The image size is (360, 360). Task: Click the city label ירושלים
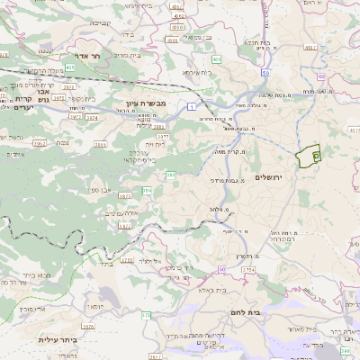tap(269, 177)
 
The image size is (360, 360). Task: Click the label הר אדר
tap(95, 56)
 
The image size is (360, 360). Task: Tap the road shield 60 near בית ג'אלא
tap(221, 269)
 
